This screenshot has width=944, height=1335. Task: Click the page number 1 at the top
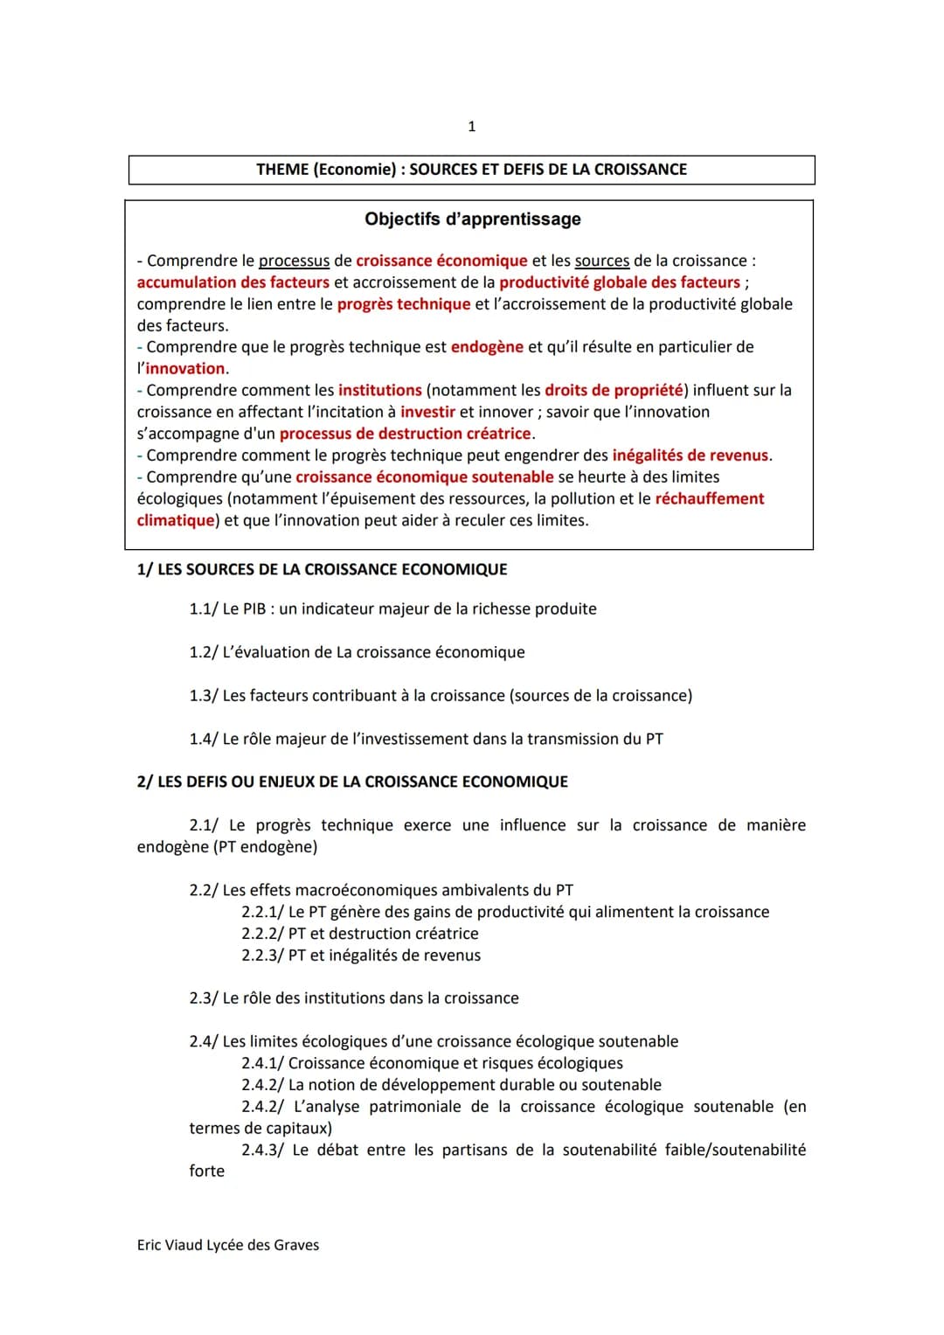pos(472,127)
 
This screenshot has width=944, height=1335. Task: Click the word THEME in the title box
pos(281,170)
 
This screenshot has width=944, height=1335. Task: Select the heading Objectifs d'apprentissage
pos(472,219)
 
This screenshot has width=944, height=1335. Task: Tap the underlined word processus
pos(294,261)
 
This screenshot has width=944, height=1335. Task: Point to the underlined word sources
pos(601,261)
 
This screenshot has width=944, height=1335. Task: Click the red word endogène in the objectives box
pos(487,347)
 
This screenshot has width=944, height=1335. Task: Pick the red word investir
pos(427,412)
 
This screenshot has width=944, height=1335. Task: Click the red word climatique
pos(176,520)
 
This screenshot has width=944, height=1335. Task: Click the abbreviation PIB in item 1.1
pos(254,609)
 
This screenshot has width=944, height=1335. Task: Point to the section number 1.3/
pos(204,696)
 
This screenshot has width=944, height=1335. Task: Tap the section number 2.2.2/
pos(262,934)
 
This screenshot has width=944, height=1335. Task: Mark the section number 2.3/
pos(204,998)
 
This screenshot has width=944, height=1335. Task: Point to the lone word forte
pos(207,1172)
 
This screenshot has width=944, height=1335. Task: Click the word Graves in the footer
pos(296,1245)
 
